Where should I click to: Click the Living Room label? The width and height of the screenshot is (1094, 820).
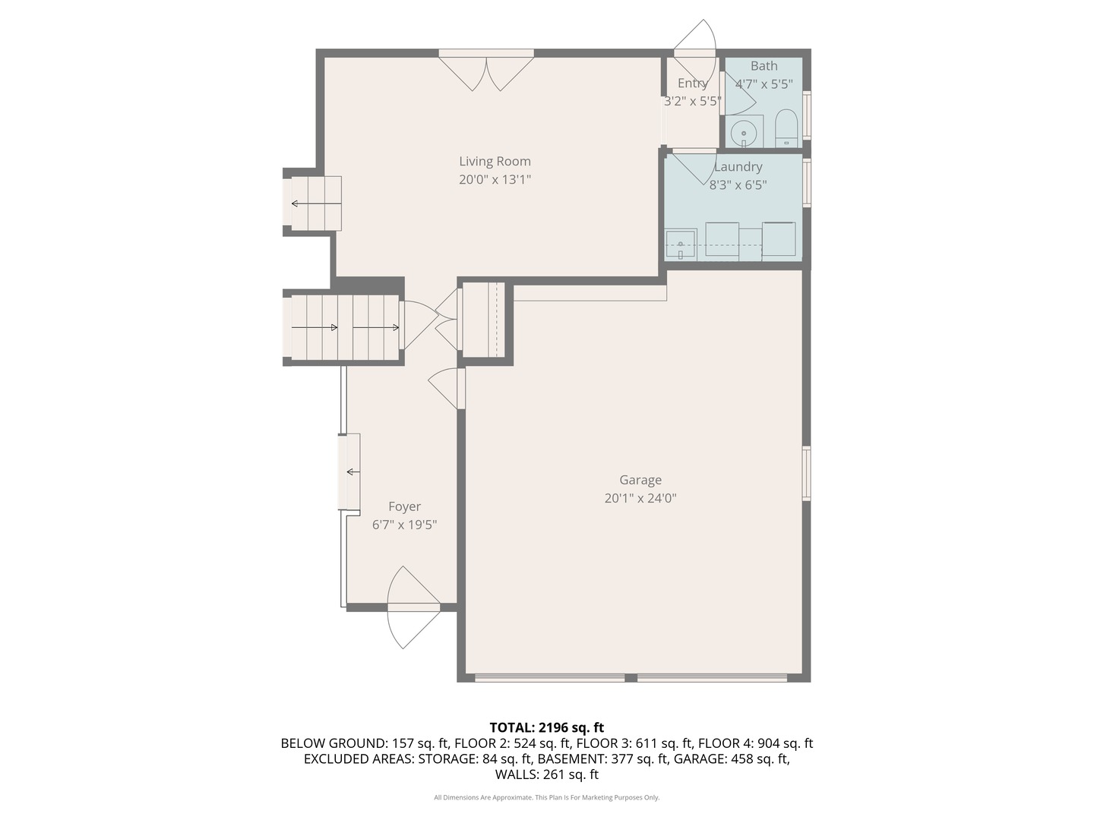click(x=495, y=161)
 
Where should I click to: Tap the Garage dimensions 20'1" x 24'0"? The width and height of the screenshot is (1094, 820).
click(x=640, y=498)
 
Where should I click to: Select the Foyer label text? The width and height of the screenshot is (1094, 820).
click(x=404, y=506)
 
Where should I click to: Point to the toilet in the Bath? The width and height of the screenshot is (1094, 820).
click(x=786, y=128)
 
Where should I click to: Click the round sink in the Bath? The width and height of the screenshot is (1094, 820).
click(x=744, y=134)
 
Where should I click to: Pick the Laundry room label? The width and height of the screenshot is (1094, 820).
click(x=738, y=167)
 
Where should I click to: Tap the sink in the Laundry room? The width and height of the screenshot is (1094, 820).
click(x=681, y=244)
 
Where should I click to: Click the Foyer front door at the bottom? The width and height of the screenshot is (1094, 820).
click(x=414, y=607)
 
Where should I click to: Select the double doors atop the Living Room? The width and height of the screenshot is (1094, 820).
click(x=486, y=70)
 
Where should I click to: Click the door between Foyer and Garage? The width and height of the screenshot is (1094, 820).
click(x=447, y=387)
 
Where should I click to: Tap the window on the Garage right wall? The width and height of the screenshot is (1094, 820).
click(x=806, y=473)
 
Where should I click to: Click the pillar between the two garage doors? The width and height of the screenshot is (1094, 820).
click(x=631, y=677)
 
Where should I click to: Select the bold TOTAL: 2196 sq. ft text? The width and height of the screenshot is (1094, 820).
click(x=547, y=727)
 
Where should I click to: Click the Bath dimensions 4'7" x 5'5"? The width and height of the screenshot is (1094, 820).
click(x=764, y=84)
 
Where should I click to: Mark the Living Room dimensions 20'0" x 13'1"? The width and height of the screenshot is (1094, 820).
click(x=495, y=179)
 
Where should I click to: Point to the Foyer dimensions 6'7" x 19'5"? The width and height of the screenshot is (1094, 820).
click(x=404, y=525)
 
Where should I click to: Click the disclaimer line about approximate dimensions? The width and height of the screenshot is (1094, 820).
click(x=547, y=797)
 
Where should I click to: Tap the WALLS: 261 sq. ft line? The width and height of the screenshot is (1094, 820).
click(x=547, y=774)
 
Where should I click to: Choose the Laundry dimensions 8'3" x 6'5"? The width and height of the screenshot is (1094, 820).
click(x=738, y=185)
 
